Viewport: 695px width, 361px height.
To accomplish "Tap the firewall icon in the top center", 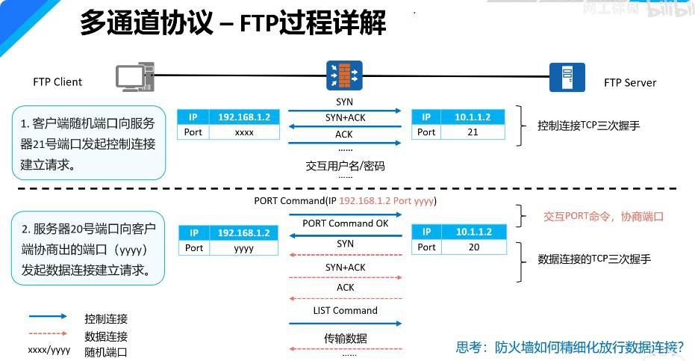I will tap(344, 75).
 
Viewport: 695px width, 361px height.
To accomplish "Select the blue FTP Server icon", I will tap(567, 76).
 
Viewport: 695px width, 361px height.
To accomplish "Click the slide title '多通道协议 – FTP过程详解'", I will tap(233, 24).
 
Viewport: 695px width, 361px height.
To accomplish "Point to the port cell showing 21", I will tap(473, 132).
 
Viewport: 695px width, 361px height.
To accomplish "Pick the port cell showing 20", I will tap(473, 247).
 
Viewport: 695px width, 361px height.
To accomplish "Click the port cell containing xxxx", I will tap(244, 132).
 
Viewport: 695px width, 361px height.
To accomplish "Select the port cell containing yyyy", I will tap(244, 247).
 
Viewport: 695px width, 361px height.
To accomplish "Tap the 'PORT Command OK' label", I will tap(345, 223).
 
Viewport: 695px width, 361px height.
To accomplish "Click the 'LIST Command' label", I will tap(345, 310).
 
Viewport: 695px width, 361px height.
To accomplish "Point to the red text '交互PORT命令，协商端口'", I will tap(603, 217).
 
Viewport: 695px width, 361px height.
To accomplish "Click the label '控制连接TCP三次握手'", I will tap(588, 126).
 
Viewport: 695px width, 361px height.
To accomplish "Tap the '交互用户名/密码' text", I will tap(345, 166).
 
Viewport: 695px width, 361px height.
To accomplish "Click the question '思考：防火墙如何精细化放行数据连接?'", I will tap(570, 347).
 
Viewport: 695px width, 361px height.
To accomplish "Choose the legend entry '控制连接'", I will tap(106, 319).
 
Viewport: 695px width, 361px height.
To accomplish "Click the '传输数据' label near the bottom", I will tap(345, 339).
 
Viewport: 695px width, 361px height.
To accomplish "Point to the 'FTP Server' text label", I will tap(630, 82).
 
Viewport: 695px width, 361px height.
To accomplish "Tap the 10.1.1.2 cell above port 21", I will tap(473, 117).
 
